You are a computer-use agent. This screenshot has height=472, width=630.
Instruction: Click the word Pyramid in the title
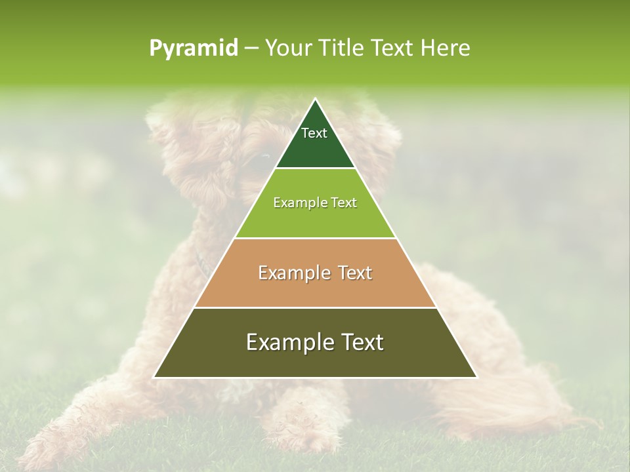click(x=194, y=49)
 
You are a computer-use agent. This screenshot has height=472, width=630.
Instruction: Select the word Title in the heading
click(x=342, y=48)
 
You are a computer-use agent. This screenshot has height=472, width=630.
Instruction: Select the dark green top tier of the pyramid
click(x=315, y=147)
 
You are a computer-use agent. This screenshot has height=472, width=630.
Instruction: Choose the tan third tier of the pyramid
click(x=315, y=288)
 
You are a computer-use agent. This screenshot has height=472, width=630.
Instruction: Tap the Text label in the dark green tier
click(x=314, y=133)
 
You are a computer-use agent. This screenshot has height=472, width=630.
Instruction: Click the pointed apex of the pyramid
click(x=316, y=100)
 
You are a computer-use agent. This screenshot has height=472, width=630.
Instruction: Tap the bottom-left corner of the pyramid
click(x=155, y=376)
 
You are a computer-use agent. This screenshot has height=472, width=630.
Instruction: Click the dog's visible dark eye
click(x=264, y=157)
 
